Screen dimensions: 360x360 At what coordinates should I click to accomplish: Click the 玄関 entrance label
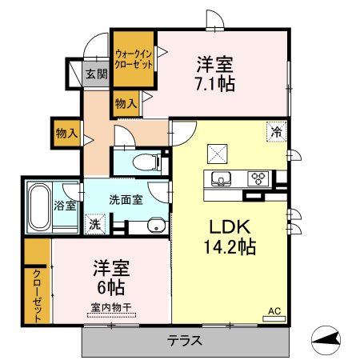pyautogui.click(x=97, y=74)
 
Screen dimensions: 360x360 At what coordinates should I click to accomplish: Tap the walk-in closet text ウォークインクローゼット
pyautogui.click(x=134, y=60)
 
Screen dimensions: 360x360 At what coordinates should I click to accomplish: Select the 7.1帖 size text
pyautogui.click(x=215, y=84)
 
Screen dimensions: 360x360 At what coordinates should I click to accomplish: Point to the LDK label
pyautogui.click(x=230, y=227)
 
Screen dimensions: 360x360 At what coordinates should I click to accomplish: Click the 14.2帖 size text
pyautogui.click(x=230, y=247)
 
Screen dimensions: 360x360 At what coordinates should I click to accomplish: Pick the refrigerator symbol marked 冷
pyautogui.click(x=277, y=131)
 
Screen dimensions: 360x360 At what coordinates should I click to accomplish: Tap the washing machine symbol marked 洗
pyautogui.click(x=95, y=224)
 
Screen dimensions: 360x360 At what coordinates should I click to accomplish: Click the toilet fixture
pyautogui.click(x=147, y=162)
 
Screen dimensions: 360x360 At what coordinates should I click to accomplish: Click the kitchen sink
pyautogui.click(x=221, y=178)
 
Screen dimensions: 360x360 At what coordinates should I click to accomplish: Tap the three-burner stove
pyautogui.click(x=258, y=178)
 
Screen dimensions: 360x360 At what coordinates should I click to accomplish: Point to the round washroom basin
pyautogui.click(x=157, y=226)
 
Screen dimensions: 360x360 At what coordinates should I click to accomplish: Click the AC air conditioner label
pyautogui.click(x=274, y=311)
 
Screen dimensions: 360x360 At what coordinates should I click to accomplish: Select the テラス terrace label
pyautogui.click(x=184, y=341)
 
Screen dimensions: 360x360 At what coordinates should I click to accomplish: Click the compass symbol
pyautogui.click(x=326, y=340)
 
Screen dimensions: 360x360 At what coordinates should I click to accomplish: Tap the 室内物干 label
pyautogui.click(x=111, y=307)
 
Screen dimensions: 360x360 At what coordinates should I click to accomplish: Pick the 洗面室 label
pyautogui.click(x=126, y=200)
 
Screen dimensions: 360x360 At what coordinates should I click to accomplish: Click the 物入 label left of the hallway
pyautogui.click(x=66, y=133)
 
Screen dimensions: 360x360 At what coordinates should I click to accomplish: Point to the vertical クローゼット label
pyautogui.click(x=37, y=295)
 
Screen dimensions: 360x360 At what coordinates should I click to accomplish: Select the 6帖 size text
pyautogui.click(x=110, y=287)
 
